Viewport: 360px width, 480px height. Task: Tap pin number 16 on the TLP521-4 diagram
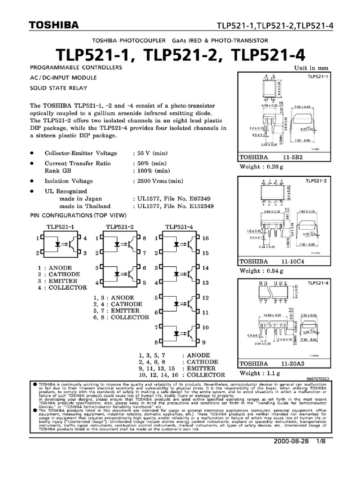click(205, 238)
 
